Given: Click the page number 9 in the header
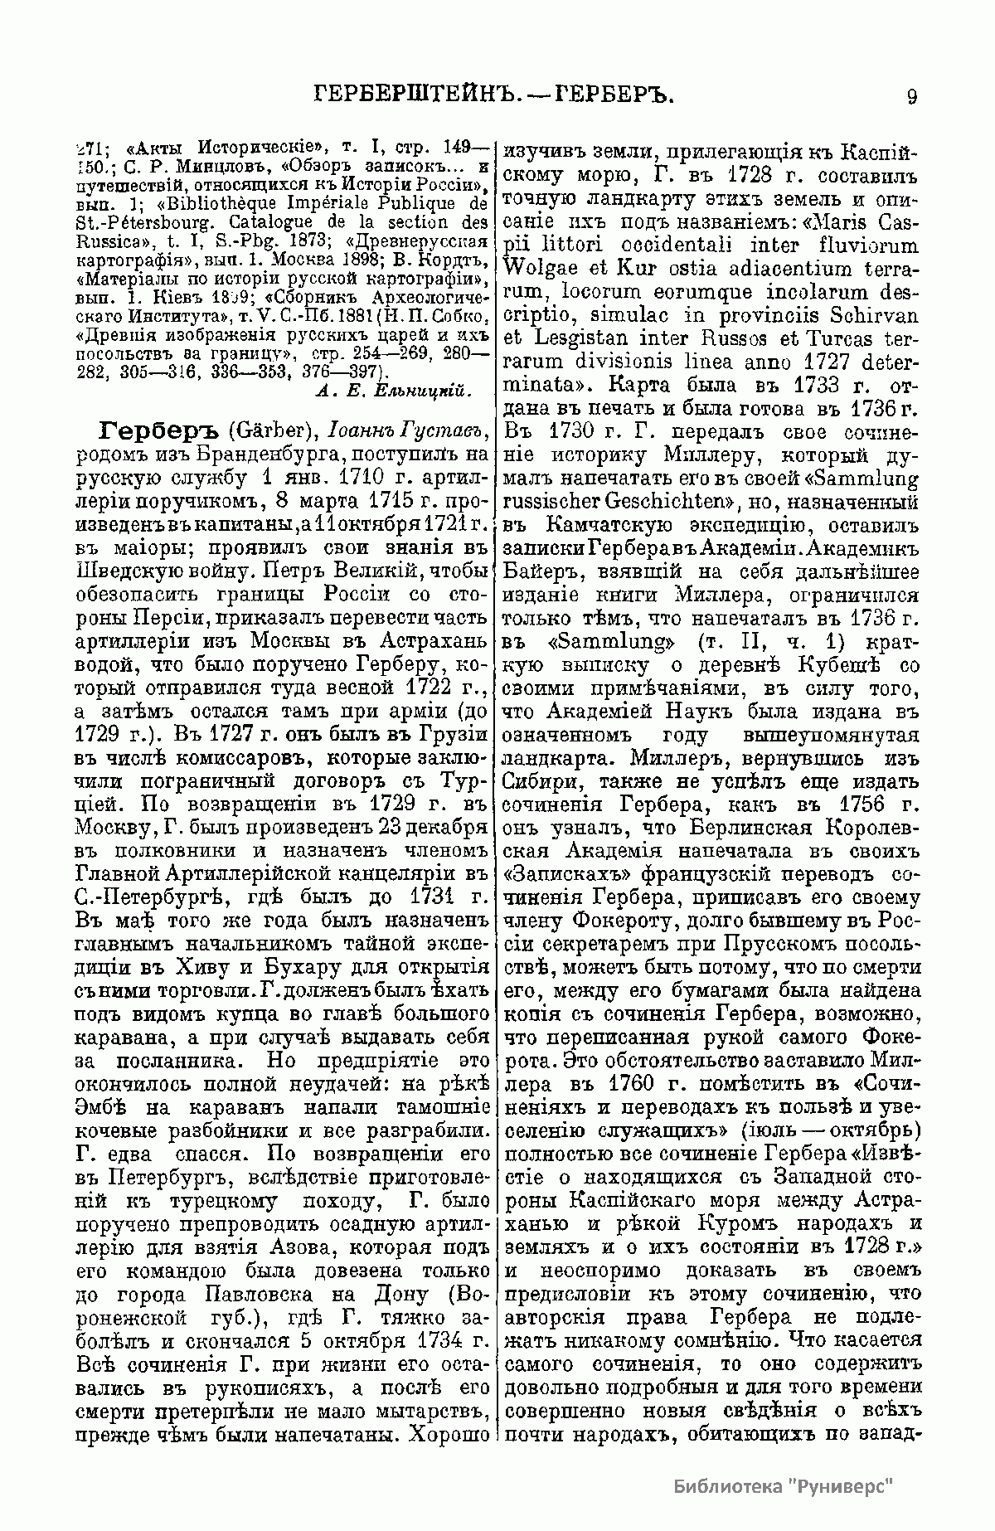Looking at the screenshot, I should click(911, 97).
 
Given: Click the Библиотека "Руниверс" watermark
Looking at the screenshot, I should click(784, 1485).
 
